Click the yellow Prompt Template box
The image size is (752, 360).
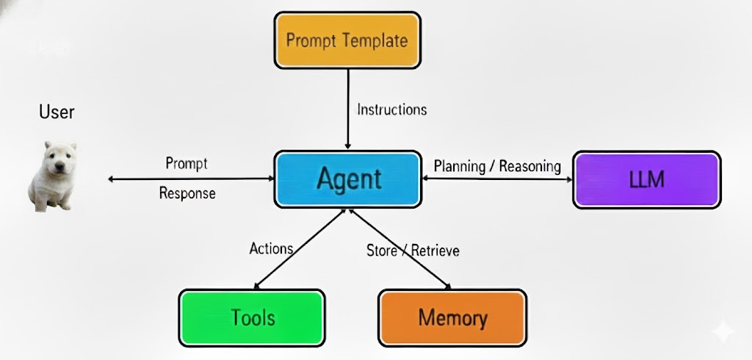[347, 40]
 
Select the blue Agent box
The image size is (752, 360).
[348, 179]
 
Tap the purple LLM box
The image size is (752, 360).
[647, 180]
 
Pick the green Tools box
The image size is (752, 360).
[253, 318]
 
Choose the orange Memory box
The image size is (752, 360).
[452, 318]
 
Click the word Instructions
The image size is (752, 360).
[392, 109]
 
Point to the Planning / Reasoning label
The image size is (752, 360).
[497, 167]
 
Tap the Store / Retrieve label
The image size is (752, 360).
[413, 250]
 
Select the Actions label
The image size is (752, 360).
[271, 248]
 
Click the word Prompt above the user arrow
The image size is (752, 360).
[187, 164]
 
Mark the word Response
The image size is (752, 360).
[187, 193]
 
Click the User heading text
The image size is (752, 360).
[57, 112]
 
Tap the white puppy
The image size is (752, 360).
[53, 176]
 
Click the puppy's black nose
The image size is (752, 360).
[59, 166]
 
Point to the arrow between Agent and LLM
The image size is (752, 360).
[497, 179]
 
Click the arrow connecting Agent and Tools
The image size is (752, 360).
[300, 248]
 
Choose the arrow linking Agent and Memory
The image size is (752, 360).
[400, 248]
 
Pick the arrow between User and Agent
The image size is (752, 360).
[191, 179]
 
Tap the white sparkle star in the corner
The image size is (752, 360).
[722, 331]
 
